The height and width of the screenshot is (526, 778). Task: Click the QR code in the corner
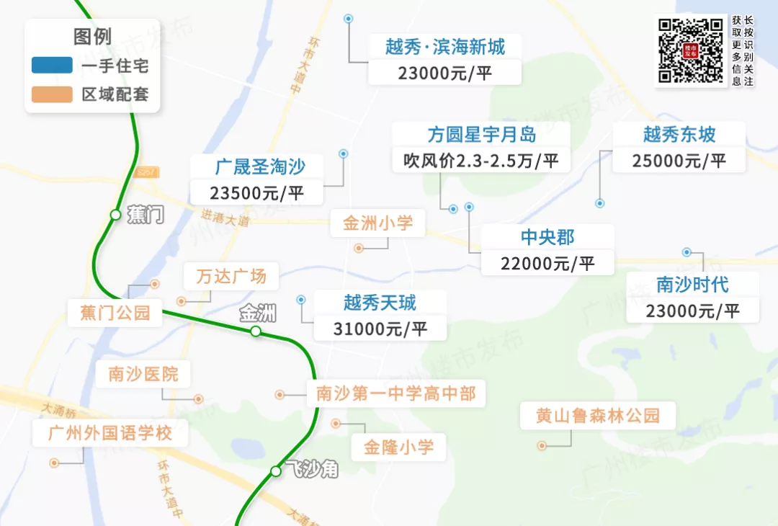click(690, 50)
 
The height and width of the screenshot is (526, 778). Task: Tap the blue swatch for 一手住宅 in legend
click(52, 66)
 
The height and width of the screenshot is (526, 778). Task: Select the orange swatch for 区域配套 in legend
click(52, 94)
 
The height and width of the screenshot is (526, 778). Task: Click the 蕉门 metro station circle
click(115, 214)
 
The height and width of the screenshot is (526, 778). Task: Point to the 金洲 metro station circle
click(255, 331)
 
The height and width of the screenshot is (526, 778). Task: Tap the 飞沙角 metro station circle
click(275, 471)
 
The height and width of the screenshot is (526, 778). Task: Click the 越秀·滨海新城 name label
click(444, 48)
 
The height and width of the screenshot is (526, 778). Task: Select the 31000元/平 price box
click(380, 329)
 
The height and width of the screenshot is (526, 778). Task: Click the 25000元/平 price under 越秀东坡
click(679, 160)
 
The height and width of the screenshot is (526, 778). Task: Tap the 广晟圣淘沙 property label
click(260, 167)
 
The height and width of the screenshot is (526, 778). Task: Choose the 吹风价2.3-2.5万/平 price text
click(481, 160)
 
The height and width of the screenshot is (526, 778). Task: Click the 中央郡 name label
click(547, 236)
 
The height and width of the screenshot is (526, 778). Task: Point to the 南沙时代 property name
click(692, 284)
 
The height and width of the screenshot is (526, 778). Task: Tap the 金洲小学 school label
click(378, 223)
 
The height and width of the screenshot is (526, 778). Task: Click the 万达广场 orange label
click(231, 275)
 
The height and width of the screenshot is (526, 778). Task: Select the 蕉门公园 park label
click(115, 312)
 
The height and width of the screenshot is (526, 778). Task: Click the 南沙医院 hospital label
click(143, 374)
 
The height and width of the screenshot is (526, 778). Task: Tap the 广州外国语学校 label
click(110, 433)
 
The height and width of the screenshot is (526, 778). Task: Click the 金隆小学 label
click(398, 447)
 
